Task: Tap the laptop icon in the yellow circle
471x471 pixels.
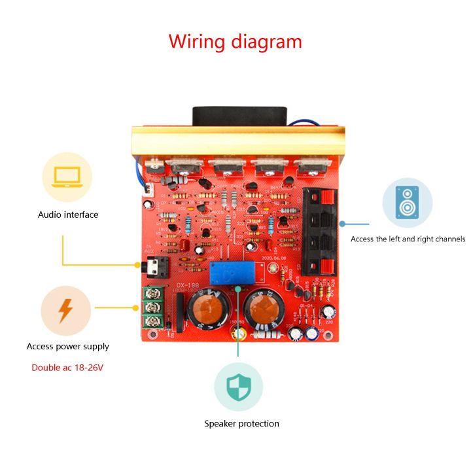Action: (x=67, y=175)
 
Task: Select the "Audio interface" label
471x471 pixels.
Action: (x=68, y=215)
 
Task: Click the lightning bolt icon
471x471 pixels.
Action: (x=65, y=311)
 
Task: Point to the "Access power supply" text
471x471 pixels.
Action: (x=68, y=346)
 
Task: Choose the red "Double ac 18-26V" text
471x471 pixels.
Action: (x=67, y=367)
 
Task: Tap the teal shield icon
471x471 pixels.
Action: (x=238, y=387)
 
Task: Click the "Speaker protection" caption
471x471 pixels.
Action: (x=241, y=423)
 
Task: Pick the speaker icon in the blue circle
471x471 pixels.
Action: (x=407, y=202)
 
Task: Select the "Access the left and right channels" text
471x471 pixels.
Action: (x=408, y=239)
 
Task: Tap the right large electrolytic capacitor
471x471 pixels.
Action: (x=265, y=311)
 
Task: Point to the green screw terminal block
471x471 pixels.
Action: (x=152, y=307)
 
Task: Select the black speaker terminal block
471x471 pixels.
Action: (x=321, y=232)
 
